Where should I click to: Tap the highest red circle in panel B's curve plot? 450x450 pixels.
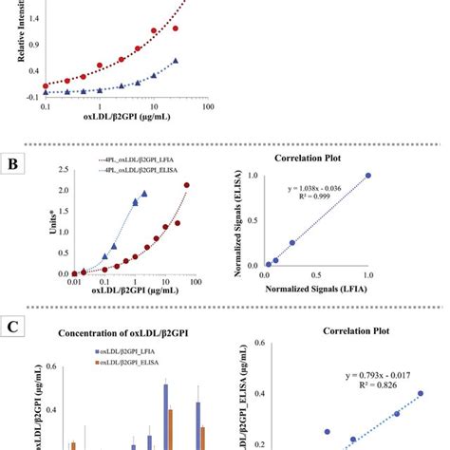tap(187, 185)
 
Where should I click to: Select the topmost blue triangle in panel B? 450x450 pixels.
tap(144, 193)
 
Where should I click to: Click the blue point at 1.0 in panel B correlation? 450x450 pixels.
tap(368, 175)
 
